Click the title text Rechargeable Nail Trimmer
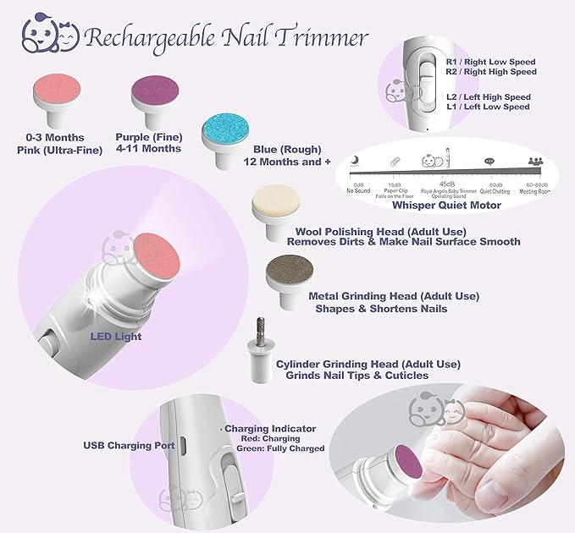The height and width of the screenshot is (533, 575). point(226,38)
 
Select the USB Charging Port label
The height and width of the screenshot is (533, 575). point(130,444)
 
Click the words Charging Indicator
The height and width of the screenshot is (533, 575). point(270,429)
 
